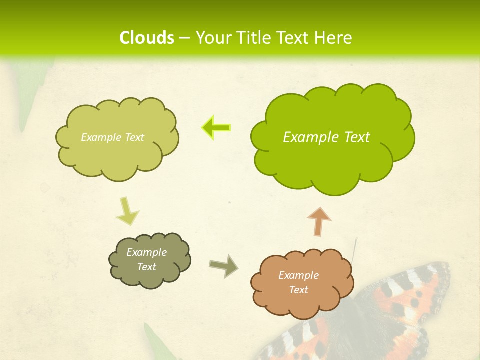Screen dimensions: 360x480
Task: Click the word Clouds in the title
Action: pyautogui.click(x=147, y=38)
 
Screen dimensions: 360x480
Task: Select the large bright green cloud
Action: pyautogui.click(x=332, y=150)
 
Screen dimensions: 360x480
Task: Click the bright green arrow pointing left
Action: pyautogui.click(x=216, y=127)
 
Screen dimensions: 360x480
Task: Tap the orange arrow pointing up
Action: pyautogui.click(x=319, y=221)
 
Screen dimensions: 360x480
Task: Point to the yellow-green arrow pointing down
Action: pyautogui.click(x=127, y=212)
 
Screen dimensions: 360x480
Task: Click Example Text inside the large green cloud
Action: pyautogui.click(x=326, y=137)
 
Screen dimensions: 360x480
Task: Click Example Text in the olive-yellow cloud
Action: pyautogui.click(x=112, y=137)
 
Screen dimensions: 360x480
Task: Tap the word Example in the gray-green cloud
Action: pyautogui.click(x=146, y=252)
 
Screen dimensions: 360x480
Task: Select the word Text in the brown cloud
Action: pyautogui.click(x=298, y=290)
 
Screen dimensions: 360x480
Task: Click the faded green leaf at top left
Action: pyautogui.click(x=35, y=95)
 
